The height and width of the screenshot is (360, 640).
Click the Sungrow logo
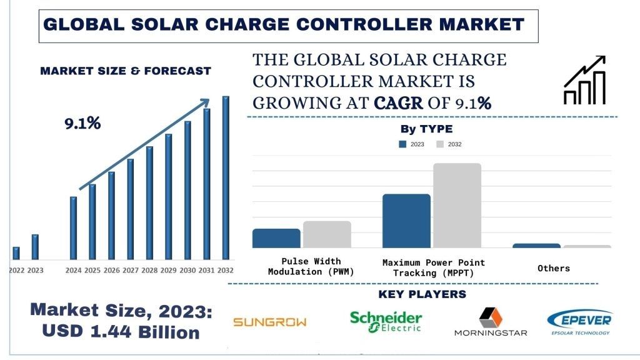[270, 322]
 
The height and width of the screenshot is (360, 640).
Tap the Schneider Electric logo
[386, 321]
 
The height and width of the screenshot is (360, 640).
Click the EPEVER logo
[579, 322]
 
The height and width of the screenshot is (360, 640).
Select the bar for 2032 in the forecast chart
[226, 178]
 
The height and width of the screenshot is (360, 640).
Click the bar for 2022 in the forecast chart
[16, 253]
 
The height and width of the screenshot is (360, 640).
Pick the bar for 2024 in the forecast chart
[73, 228]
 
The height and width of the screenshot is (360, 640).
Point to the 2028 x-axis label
[149, 271]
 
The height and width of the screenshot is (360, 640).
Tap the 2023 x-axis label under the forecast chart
[36, 271]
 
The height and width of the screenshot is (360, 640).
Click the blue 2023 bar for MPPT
[406, 221]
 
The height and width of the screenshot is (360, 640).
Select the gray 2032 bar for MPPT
[457, 206]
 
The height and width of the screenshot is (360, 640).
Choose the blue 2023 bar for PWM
[276, 238]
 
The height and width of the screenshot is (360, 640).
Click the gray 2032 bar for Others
[587, 246]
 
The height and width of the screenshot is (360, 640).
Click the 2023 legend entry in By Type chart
[412, 144]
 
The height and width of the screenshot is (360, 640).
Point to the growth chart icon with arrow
[584, 80]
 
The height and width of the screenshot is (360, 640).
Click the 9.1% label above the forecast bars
[82, 124]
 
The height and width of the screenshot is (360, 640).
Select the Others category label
[554, 268]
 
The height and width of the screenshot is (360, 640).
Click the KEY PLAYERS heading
[422, 294]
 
